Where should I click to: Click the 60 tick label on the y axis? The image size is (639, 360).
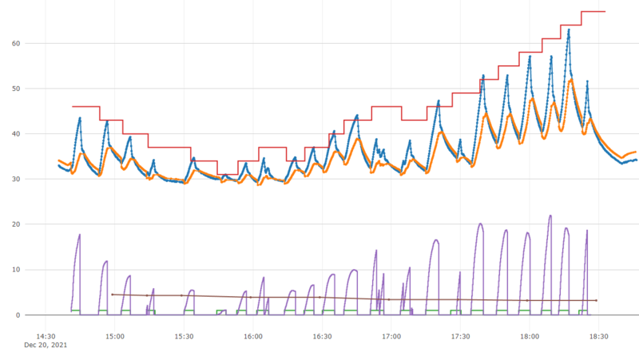16,44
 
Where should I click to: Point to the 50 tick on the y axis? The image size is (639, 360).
16,89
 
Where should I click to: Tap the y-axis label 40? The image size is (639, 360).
16,134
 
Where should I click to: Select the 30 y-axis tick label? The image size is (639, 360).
16,179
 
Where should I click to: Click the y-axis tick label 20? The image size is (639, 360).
16,224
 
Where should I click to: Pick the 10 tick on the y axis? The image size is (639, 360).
16,270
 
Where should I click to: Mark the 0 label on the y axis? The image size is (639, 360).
18,315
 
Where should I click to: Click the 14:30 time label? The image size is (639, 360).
46,336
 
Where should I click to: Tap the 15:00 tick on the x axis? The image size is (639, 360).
115,336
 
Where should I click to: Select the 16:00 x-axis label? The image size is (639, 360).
253,336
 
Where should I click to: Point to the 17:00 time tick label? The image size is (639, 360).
391,336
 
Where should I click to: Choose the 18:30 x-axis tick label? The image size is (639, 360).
598,336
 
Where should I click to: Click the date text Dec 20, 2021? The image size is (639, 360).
46,345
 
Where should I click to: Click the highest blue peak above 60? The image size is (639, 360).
569,30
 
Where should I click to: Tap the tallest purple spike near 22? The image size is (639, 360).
550,216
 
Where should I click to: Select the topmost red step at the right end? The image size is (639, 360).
593,11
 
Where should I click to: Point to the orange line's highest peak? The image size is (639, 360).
571,80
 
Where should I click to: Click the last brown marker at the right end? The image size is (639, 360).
596,301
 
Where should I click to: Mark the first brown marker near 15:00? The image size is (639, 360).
112,295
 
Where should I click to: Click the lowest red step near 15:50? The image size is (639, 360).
228,174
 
